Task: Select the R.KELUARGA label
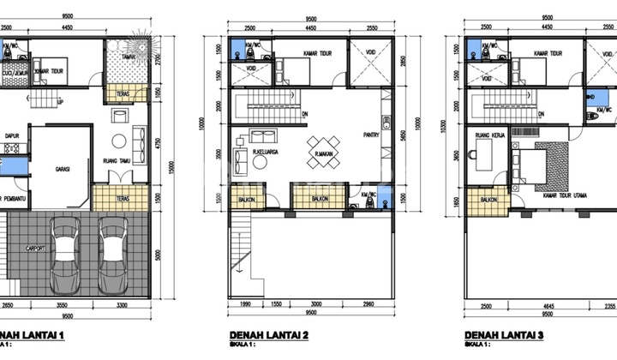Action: pyautogui.click(x=265, y=153)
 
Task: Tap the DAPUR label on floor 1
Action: pyautogui.click(x=12, y=135)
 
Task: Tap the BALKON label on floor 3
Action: pyautogui.click(x=488, y=200)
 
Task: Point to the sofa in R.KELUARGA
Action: pyautogui.click(x=262, y=137)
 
